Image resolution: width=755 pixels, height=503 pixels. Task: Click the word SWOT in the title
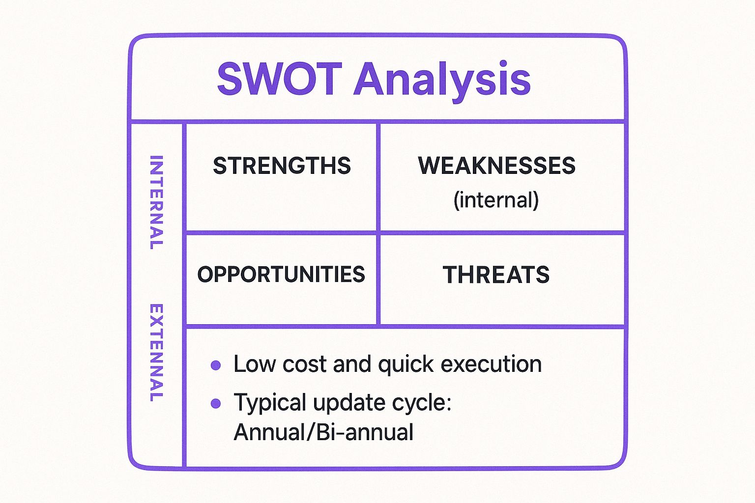coord(279,79)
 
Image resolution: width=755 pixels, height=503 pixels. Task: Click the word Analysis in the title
coord(442,80)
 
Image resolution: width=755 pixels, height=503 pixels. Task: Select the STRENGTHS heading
coord(282,166)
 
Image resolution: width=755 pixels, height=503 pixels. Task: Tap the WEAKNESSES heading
coord(496,166)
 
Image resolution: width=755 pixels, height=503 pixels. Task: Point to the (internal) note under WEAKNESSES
coord(496,200)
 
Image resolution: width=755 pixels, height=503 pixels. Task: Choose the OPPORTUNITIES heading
coord(281,274)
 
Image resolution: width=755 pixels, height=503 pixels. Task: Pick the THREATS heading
coord(496,275)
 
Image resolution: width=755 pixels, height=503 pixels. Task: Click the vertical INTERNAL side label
coord(156,202)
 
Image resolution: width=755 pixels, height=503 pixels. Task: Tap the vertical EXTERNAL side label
coord(156,353)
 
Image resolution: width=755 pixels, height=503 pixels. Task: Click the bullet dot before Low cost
coord(215,365)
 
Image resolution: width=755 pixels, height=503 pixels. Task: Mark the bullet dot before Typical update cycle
coord(215,404)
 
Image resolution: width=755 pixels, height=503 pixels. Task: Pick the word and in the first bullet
coord(352,364)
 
